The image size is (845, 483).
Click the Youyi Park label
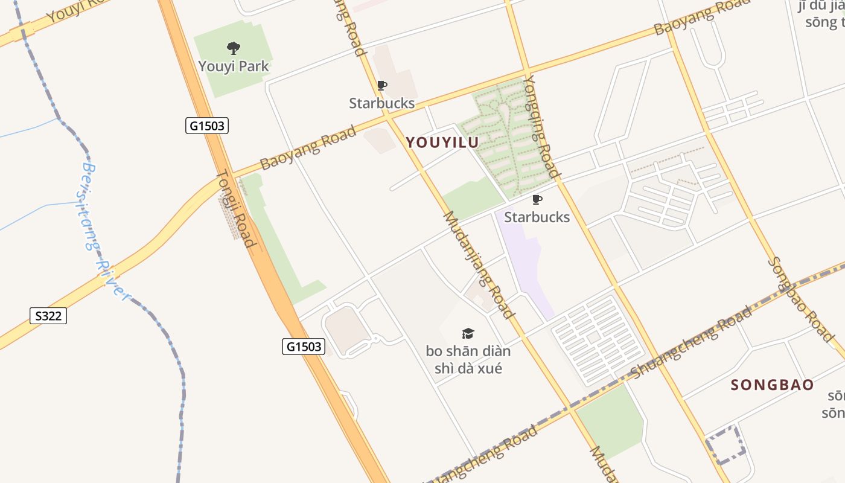tap(234, 66)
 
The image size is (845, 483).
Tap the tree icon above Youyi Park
tap(234, 48)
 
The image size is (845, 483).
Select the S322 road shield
tap(48, 316)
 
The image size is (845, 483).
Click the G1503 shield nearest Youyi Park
tap(206, 126)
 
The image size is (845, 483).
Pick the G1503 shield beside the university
tap(304, 347)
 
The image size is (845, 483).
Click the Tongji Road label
tap(236, 208)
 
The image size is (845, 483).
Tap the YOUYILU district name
tap(442, 142)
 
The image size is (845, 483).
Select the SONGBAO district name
tap(772, 385)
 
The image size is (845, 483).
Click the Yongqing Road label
tap(541, 126)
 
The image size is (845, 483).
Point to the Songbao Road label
tap(800, 299)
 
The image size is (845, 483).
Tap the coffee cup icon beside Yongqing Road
tap(537, 200)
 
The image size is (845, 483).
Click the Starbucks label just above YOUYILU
tap(381, 103)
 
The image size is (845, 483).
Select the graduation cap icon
tap(468, 333)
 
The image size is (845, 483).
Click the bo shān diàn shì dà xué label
tap(468, 359)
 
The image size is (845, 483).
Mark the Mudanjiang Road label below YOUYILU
tap(479, 264)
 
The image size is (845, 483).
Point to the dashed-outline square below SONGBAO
tap(726, 446)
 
